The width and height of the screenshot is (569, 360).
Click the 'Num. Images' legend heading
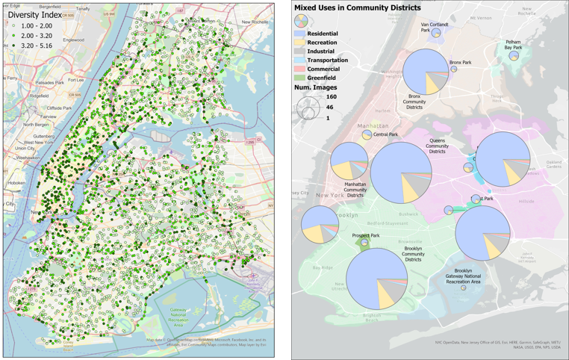pos(316,87)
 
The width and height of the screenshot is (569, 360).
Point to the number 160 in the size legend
pos(332,97)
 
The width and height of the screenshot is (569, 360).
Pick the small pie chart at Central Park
pos(367,135)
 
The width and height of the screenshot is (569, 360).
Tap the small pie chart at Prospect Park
pos(364,243)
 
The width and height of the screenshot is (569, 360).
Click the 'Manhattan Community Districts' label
pos(344,188)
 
